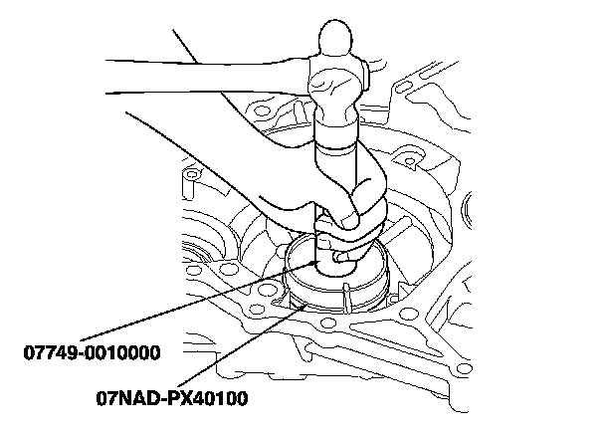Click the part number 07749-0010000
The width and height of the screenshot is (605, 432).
(93, 352)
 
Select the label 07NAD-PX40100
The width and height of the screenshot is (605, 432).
(172, 401)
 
